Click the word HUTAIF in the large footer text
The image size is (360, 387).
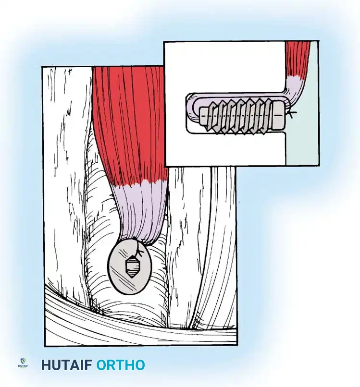[67, 365]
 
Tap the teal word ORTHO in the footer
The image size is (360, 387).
[121, 365]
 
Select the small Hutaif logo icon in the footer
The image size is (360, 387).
[23, 363]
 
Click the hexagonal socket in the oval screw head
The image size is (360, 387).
[131, 267]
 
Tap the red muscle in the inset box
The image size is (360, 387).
[298, 58]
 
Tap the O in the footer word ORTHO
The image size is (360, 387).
[102, 365]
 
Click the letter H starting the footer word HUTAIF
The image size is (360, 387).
[46, 365]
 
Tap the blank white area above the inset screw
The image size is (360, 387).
[221, 67]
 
